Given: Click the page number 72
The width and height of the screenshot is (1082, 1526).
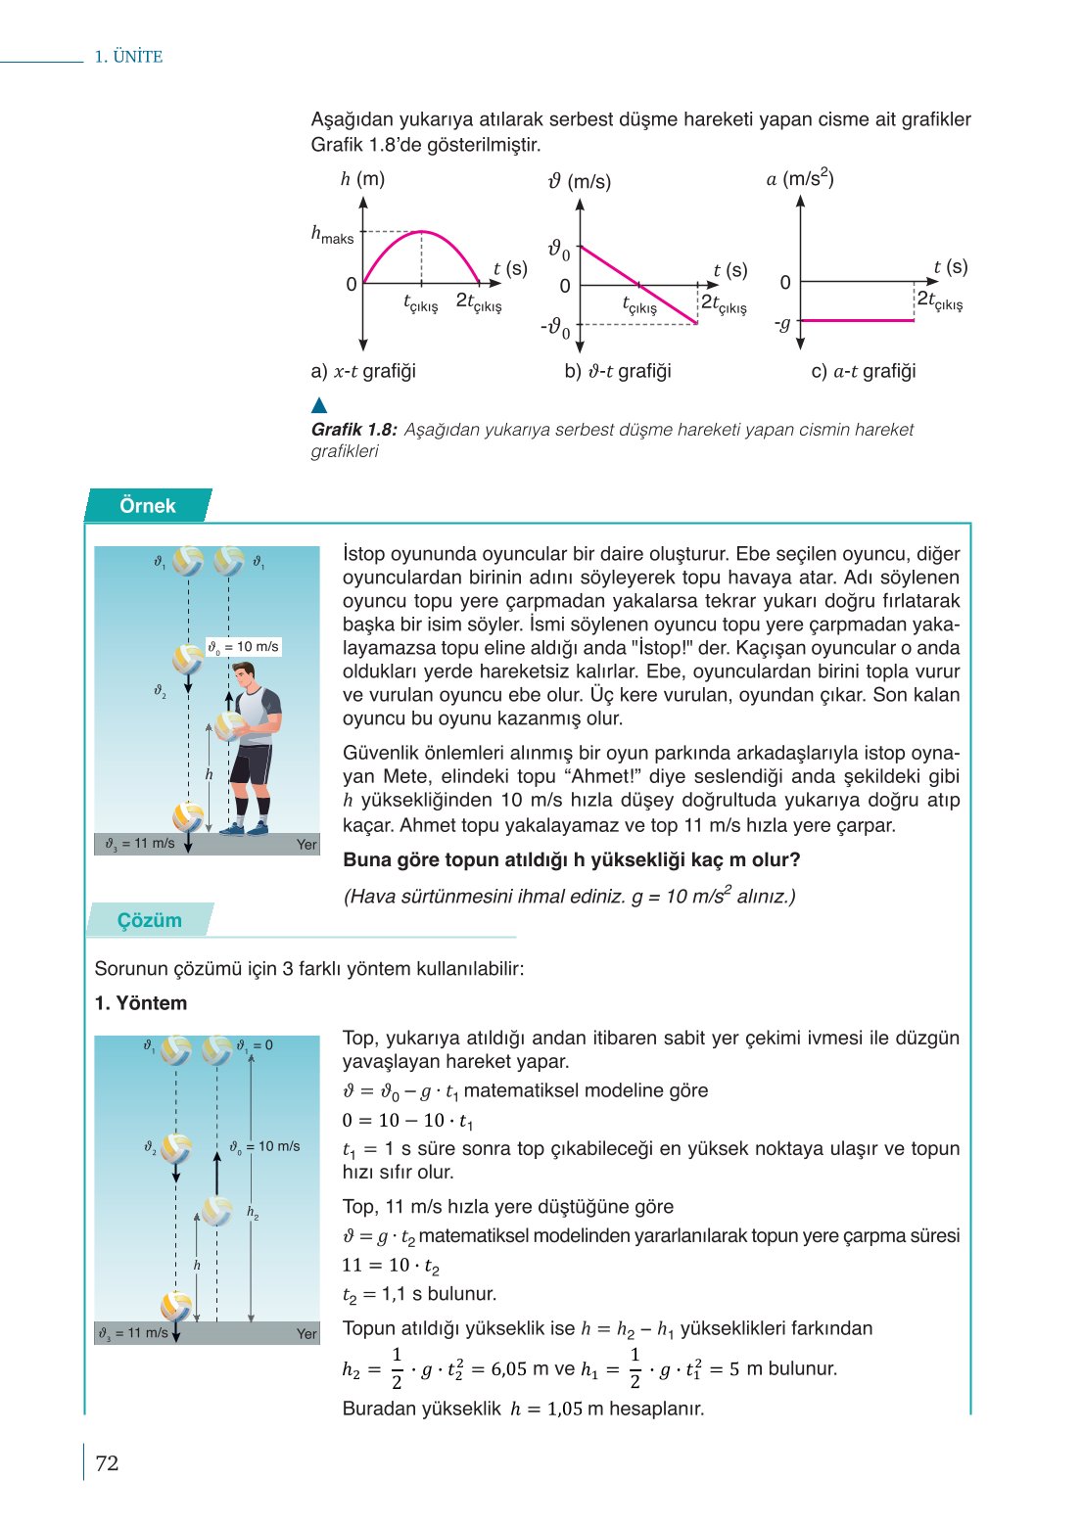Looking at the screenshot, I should tap(107, 1463).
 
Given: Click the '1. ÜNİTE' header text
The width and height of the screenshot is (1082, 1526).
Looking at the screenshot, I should tap(128, 57).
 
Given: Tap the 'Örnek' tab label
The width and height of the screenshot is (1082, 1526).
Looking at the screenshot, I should tap(147, 506).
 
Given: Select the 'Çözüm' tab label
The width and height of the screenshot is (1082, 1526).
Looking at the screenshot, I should tap(149, 920).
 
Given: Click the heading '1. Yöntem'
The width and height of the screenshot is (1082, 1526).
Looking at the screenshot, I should tap(140, 1003).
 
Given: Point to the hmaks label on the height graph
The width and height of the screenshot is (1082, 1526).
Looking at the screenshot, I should tap(332, 235).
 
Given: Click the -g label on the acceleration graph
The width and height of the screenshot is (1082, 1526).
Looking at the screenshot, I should tap(781, 323).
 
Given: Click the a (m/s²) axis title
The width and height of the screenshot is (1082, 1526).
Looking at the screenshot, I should tap(799, 179).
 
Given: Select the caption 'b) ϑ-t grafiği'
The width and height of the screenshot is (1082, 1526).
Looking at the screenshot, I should tap(618, 371).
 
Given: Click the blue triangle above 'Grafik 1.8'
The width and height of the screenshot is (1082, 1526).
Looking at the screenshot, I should tap(318, 405).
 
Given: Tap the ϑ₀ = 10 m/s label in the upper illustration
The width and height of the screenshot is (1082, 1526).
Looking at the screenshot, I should tap(244, 647).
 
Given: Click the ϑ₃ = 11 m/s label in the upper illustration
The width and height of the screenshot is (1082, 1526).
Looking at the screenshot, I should tap(140, 844).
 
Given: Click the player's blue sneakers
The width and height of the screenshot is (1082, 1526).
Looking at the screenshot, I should tap(245, 828).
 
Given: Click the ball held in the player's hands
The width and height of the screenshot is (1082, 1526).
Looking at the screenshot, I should tap(231, 725).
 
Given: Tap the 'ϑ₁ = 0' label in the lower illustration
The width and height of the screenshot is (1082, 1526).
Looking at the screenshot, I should tap(255, 1045).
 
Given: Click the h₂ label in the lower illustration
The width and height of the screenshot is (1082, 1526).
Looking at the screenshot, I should tap(253, 1213).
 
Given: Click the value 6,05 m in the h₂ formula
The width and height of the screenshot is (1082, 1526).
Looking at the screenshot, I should tap(519, 1369).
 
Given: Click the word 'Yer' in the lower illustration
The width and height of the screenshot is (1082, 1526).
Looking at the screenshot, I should tap(306, 1333).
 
